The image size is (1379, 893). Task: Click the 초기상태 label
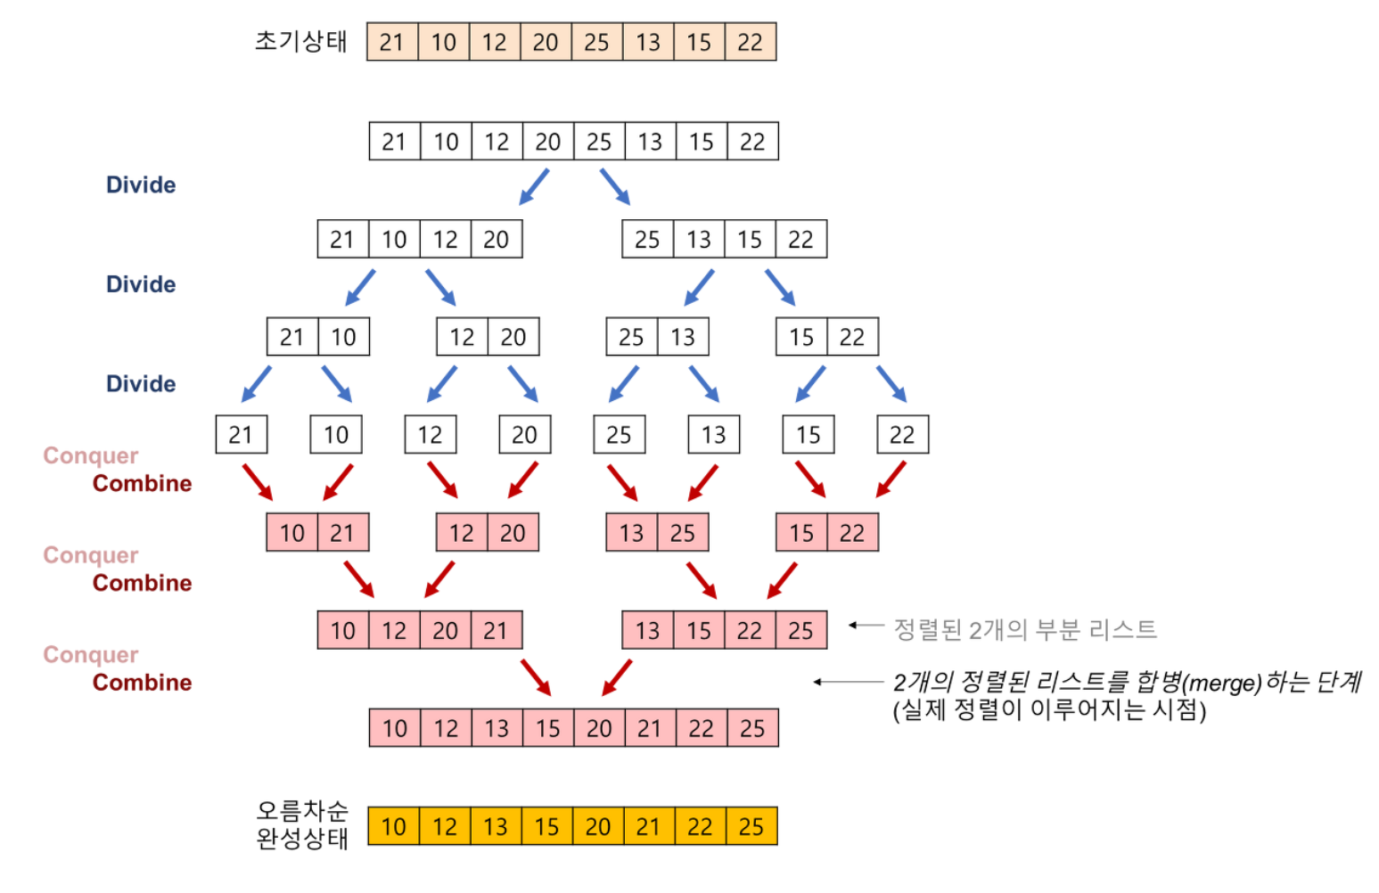(x=300, y=42)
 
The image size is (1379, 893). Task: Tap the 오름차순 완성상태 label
(x=301, y=824)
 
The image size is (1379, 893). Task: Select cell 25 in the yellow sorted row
(x=751, y=827)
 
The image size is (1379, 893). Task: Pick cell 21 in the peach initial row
(x=392, y=43)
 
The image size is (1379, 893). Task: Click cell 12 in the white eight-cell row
(x=497, y=142)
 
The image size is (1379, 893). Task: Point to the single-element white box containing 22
(x=902, y=435)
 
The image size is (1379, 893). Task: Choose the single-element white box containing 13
(x=713, y=435)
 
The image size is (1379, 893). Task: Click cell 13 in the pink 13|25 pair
(x=631, y=533)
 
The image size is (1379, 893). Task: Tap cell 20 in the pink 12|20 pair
(x=513, y=533)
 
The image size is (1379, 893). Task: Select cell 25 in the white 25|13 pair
(x=631, y=337)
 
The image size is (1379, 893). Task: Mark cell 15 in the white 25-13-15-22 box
(x=750, y=240)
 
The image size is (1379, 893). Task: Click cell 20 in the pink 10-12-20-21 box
(x=445, y=631)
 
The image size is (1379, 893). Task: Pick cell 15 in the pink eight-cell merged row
(x=547, y=729)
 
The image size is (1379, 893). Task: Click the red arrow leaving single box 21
(x=258, y=481)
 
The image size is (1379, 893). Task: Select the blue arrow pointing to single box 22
(x=891, y=383)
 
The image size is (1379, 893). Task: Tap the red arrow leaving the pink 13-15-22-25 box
(x=617, y=677)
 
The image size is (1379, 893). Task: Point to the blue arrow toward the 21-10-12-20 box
(x=534, y=186)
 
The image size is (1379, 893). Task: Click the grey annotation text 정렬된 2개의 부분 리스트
(x=1025, y=630)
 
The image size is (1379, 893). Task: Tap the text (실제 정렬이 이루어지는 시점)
(x=1049, y=710)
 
